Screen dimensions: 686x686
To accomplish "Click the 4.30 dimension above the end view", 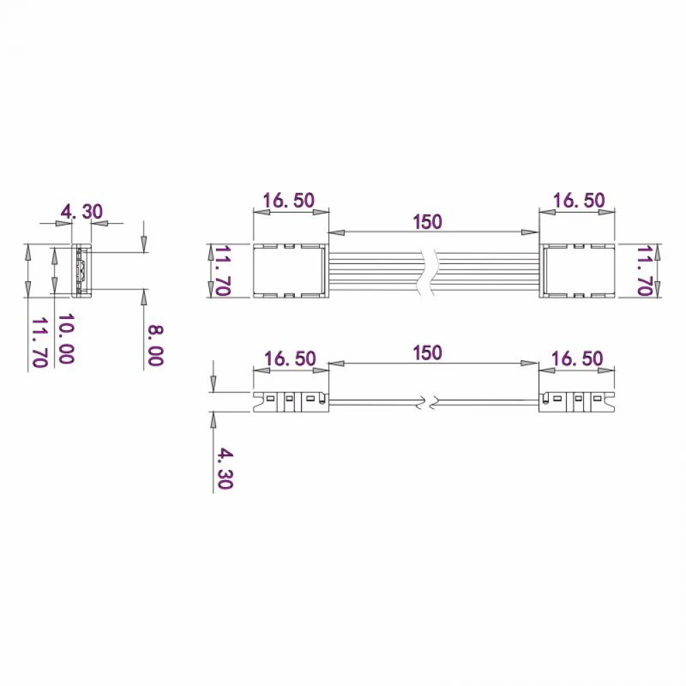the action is [82, 212].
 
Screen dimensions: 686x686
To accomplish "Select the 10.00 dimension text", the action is [66, 338].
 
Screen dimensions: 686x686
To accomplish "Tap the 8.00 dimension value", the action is [155, 345].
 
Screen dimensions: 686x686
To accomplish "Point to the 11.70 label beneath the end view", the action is [39, 342].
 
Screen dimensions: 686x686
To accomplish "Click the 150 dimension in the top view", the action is [427, 222].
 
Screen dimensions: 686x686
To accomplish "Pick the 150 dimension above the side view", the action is [427, 353].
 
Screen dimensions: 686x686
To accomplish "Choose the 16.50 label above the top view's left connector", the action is [289, 200].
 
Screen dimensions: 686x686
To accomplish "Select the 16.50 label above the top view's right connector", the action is [579, 200].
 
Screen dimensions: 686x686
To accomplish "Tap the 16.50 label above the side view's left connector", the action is [290, 359].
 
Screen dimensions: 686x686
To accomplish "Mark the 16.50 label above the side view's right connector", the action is [577, 359].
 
